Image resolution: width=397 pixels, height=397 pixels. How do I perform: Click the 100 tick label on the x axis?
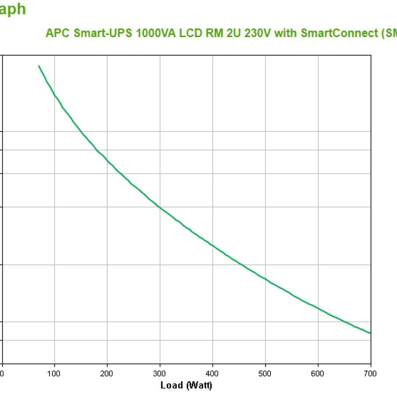54,374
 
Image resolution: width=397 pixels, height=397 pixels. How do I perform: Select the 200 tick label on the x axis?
107,374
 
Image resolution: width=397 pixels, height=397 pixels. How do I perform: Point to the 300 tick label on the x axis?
160,374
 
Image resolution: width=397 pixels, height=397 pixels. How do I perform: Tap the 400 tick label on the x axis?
213,374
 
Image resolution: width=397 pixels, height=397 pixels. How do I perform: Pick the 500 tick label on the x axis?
265,374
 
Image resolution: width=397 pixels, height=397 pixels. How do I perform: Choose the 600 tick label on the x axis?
318,374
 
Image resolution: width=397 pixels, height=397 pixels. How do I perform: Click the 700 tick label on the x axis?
371,374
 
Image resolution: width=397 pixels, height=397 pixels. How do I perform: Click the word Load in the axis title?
172,386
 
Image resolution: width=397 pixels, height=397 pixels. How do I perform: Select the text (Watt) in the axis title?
199,386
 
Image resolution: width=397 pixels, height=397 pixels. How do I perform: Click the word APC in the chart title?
57,34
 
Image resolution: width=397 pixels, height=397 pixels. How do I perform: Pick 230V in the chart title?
258,34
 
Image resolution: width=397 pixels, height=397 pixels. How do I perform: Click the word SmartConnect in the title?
337,34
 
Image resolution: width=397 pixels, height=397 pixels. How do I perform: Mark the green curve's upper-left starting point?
39,66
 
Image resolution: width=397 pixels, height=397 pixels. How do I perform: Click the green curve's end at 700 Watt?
370,333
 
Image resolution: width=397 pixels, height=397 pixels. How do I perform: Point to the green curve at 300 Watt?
160,207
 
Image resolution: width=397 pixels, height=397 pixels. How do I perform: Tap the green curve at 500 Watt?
265,279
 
